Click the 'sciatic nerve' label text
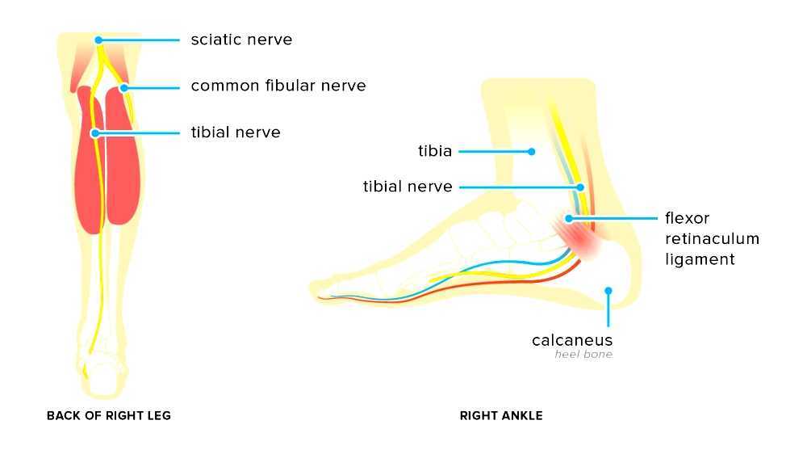click(x=241, y=40)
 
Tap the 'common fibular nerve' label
click(x=278, y=86)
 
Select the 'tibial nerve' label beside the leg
click(x=235, y=132)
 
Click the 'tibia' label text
click(x=434, y=151)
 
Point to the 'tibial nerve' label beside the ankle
click(x=408, y=187)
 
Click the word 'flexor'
click(x=687, y=218)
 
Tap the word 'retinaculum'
click(x=712, y=239)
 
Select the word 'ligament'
click(x=700, y=259)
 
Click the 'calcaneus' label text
click(x=572, y=340)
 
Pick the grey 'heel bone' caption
click(x=583, y=355)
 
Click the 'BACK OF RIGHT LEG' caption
click(x=109, y=416)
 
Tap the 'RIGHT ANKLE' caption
click(x=501, y=416)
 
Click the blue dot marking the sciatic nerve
click(x=98, y=40)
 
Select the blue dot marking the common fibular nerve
click(x=123, y=86)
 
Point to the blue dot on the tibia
click(x=531, y=151)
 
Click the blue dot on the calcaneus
click(x=608, y=290)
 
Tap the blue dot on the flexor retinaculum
click(x=569, y=218)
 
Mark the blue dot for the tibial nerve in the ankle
click(x=579, y=187)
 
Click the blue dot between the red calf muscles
click(x=94, y=132)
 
